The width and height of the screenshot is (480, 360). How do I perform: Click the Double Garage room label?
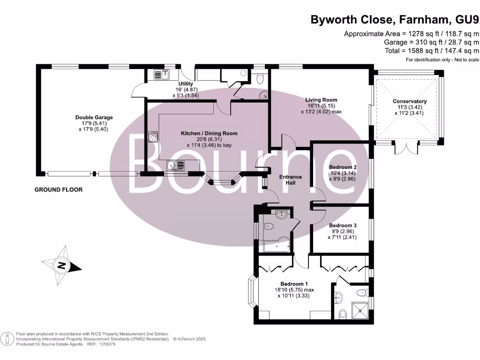94,117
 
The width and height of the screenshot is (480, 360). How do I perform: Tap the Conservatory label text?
410,101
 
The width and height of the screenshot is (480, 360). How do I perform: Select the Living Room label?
321,100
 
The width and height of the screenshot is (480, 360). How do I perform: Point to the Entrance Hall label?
291,180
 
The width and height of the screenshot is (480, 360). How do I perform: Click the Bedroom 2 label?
343,167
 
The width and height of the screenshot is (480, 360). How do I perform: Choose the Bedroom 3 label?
343,225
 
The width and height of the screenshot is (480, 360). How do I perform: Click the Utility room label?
186,83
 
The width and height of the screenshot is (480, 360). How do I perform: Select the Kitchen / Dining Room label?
209,134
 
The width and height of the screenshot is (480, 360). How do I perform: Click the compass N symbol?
61,265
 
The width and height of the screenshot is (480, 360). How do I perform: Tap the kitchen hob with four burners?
153,136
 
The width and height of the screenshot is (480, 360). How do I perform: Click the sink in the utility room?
162,75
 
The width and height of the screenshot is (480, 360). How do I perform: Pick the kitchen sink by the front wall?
175,165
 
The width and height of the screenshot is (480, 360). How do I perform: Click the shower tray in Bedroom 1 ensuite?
360,310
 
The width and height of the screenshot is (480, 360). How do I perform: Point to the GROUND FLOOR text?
59,189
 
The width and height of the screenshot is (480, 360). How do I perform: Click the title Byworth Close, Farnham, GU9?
395,20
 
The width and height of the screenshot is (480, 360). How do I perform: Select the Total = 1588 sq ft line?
432,51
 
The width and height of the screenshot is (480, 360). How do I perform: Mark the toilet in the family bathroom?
269,227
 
